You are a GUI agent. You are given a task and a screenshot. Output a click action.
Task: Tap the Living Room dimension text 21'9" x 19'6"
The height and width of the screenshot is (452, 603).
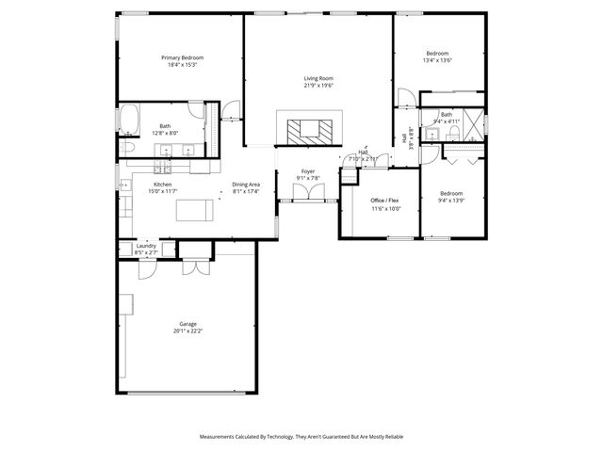[318, 86]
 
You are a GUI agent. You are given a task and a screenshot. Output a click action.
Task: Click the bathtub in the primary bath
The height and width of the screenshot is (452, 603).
[129, 121]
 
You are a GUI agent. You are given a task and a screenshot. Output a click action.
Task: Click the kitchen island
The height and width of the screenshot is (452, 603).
[195, 211]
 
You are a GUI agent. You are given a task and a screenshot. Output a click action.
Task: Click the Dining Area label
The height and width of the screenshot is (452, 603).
[247, 185]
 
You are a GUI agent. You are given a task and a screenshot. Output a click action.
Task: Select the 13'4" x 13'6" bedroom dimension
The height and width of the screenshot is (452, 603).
[438, 60]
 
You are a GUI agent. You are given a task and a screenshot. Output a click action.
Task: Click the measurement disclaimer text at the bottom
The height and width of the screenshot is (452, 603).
[301, 437]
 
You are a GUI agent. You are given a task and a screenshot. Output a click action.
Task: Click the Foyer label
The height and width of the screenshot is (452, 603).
[308, 171]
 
